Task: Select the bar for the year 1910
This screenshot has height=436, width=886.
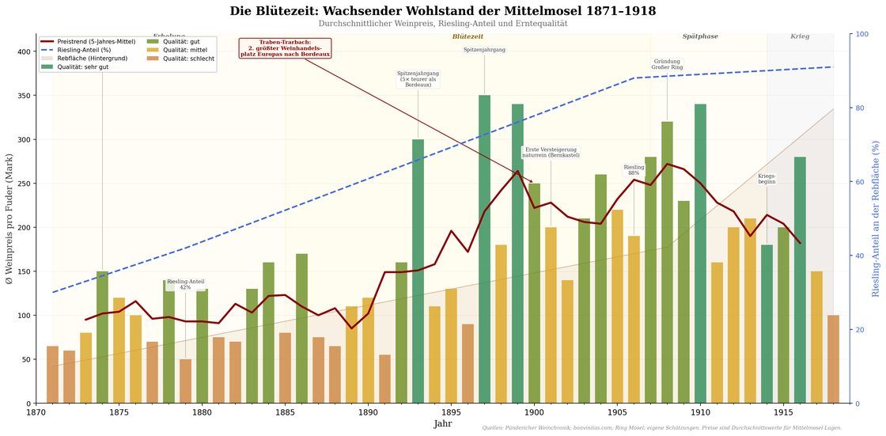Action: [700, 253]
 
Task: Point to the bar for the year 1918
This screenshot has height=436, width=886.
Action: [833, 359]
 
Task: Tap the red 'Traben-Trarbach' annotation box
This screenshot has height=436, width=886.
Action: [285, 48]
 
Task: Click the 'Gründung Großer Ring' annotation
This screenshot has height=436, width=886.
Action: [667, 65]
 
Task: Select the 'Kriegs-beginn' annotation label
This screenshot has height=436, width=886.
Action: [767, 180]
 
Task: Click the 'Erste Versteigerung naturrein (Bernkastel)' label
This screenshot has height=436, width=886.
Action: [551, 152]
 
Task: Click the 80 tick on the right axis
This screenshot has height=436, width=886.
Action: [860, 108]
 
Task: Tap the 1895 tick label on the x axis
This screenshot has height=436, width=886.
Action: [451, 412]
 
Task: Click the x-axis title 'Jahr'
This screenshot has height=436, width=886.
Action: [443, 424]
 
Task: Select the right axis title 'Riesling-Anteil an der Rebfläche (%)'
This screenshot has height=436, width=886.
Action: [876, 219]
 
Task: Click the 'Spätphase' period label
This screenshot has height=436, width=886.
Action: [700, 36]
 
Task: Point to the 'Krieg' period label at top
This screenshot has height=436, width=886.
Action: [800, 36]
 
